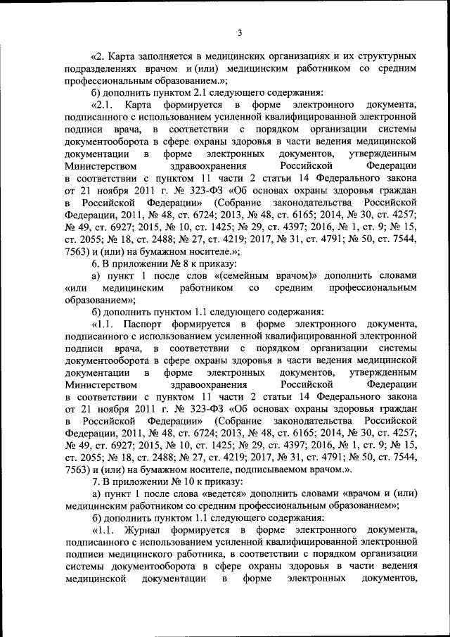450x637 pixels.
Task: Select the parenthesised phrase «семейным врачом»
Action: point(272,274)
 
